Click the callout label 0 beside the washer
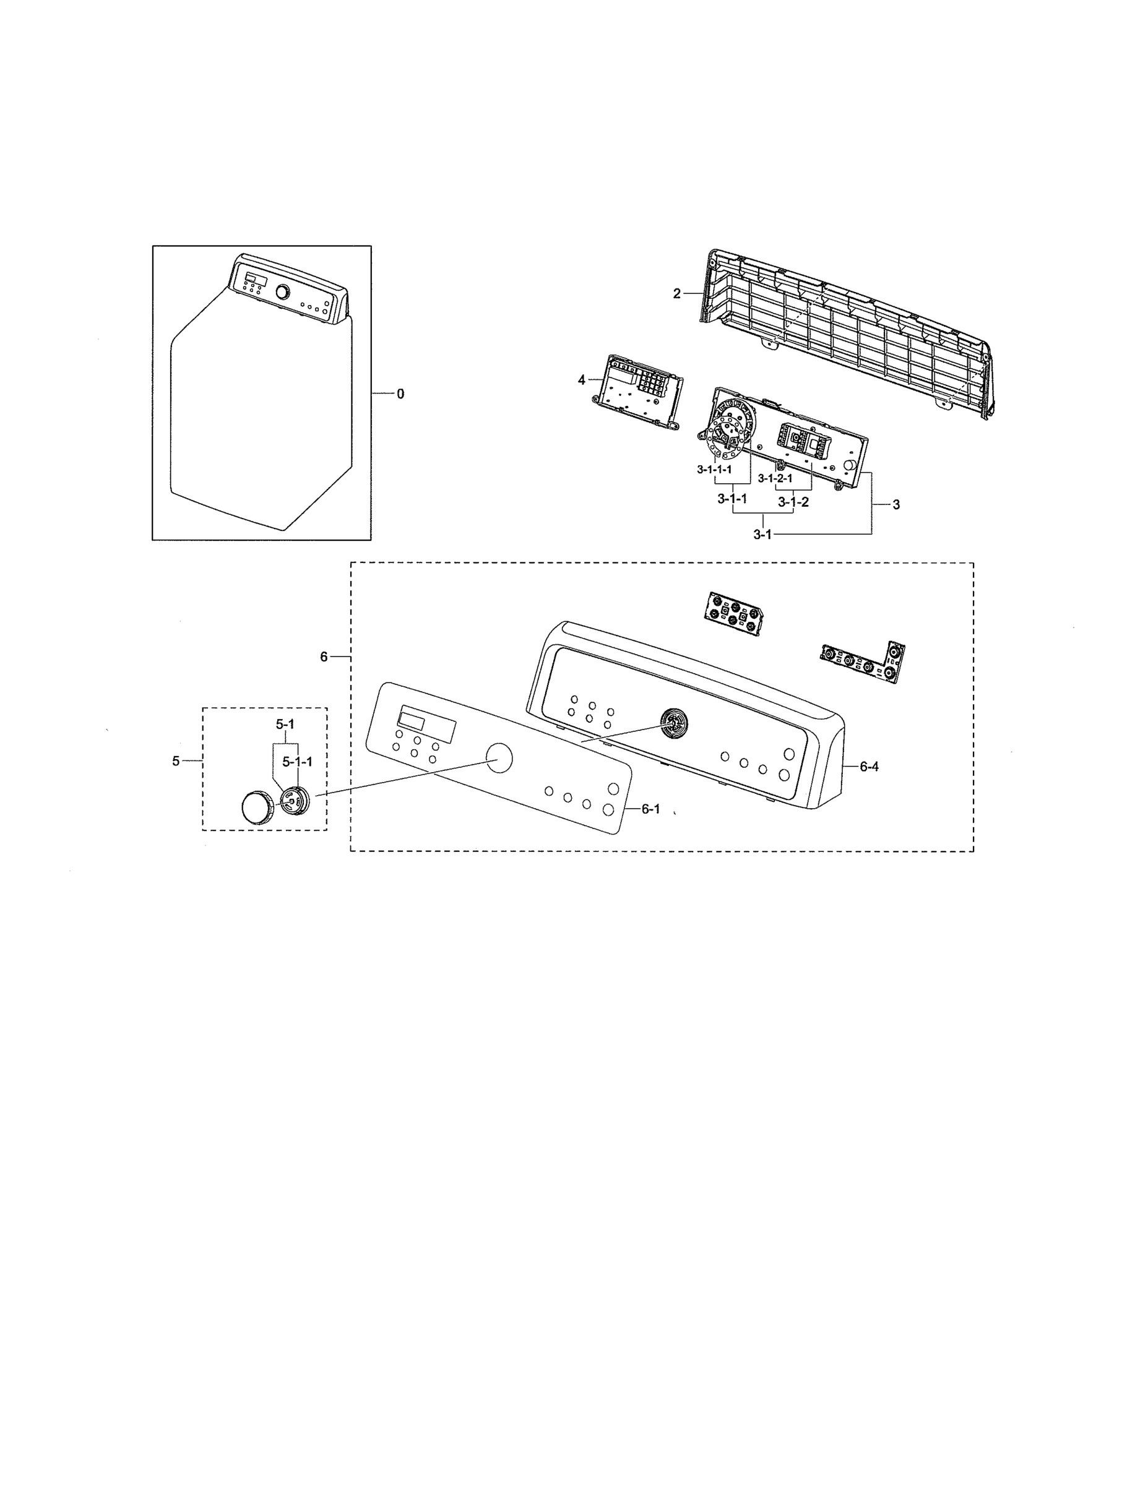(x=400, y=394)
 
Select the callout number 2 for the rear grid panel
(x=676, y=293)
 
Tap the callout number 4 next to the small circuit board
(x=582, y=380)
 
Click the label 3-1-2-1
(x=775, y=478)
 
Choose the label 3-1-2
(x=793, y=502)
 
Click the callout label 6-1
(x=650, y=809)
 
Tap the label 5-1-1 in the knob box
(x=298, y=762)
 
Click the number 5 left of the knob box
(x=176, y=761)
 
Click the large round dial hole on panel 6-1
(x=500, y=757)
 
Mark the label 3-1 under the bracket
(x=762, y=534)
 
